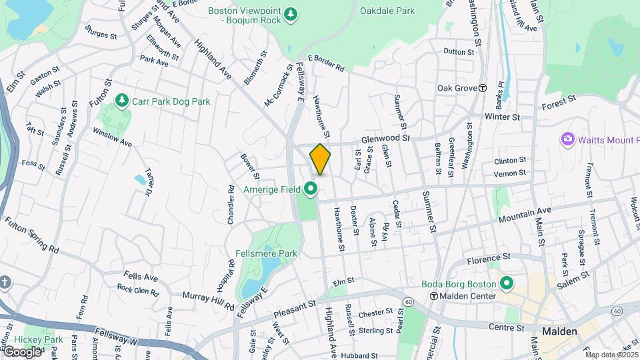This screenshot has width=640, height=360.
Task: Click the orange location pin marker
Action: click(320, 159)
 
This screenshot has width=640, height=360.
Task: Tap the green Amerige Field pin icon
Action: click(310, 190)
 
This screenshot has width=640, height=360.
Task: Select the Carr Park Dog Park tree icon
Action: click(121, 101)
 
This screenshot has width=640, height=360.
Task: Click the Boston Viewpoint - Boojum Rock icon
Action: click(290, 15)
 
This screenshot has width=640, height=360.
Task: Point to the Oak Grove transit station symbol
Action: click(482, 88)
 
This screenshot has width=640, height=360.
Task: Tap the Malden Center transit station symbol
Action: click(433, 296)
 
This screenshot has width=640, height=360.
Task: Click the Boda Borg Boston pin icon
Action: click(506, 283)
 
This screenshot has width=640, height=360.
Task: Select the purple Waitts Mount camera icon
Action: click(567, 139)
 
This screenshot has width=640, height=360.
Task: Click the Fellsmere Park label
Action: click(266, 253)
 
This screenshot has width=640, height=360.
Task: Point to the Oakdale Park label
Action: click(387, 11)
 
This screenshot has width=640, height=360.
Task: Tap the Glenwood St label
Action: click(384, 138)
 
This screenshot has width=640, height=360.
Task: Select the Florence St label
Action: click(488, 257)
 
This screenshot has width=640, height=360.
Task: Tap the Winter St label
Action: click(502, 117)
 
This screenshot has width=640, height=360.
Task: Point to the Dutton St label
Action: click(458, 51)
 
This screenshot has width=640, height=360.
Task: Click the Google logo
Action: click(22, 351)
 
